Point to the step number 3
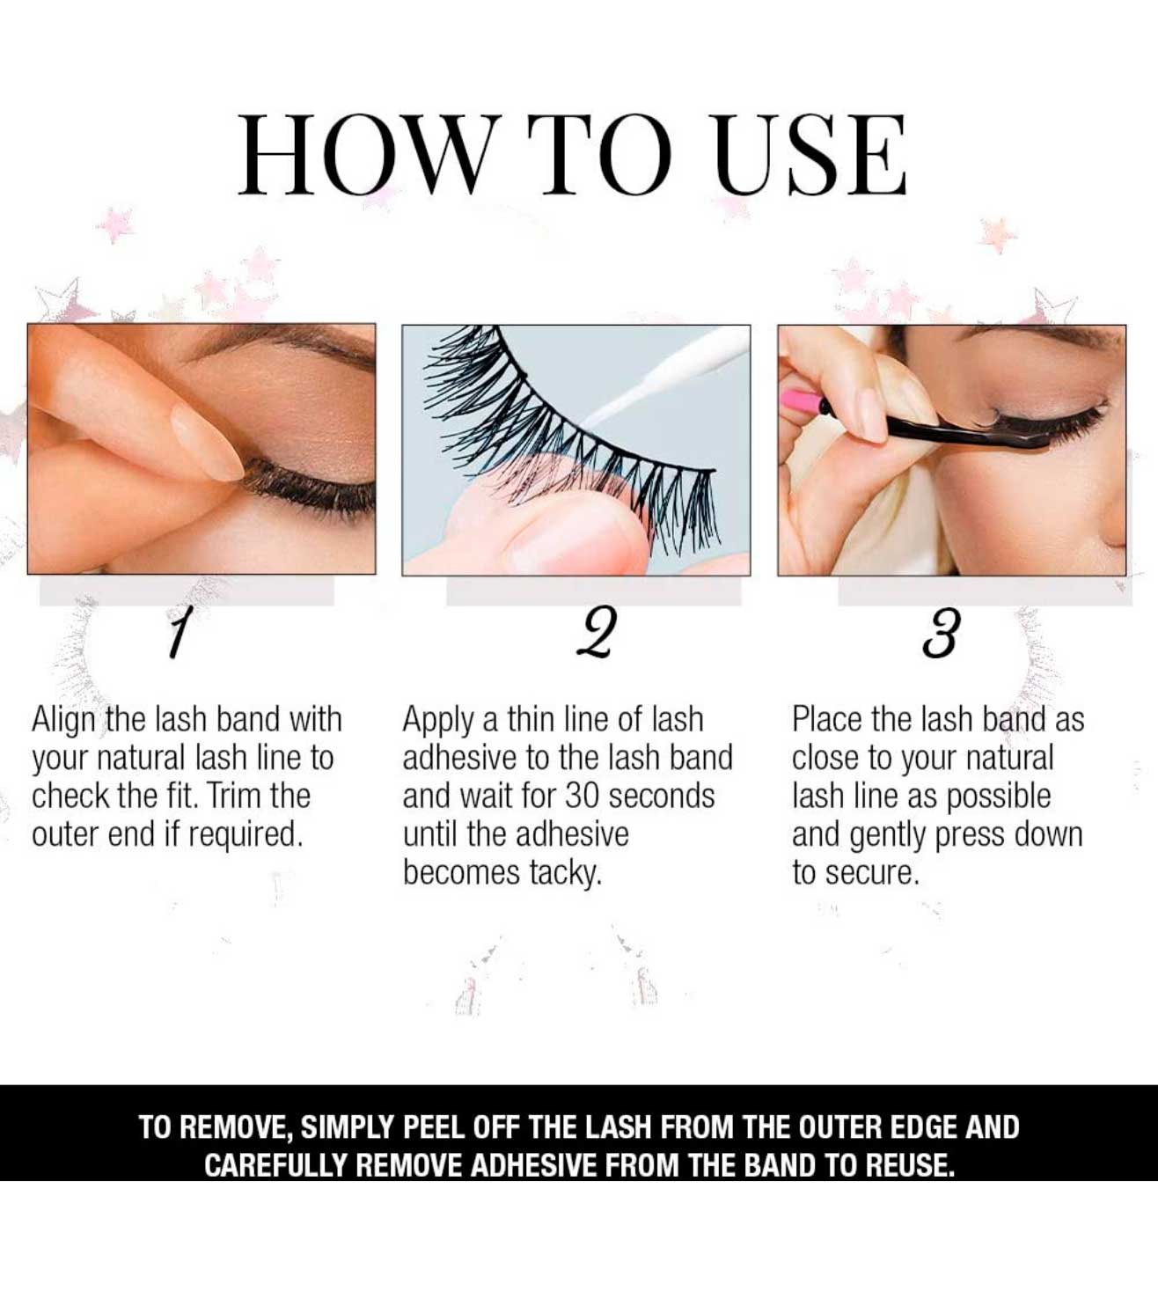[x=942, y=633]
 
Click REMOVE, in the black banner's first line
[x=236, y=1127]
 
